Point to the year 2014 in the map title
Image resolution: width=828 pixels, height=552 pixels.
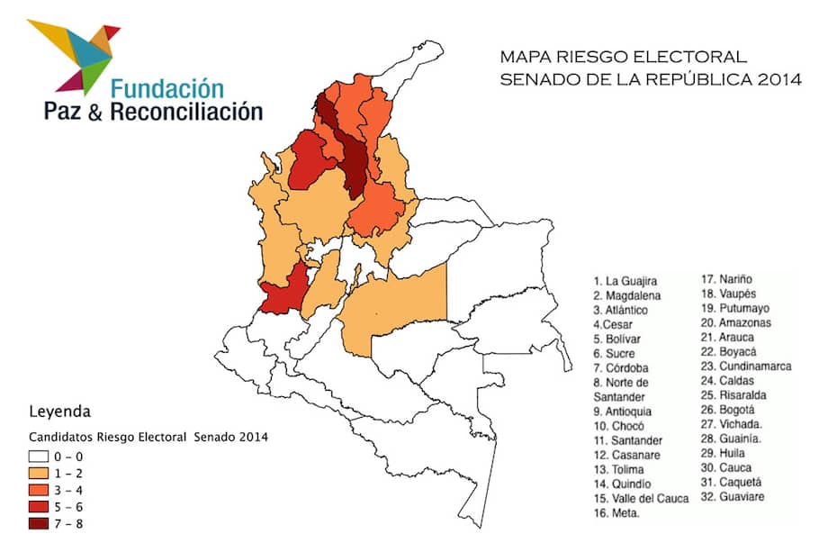(x=779, y=79)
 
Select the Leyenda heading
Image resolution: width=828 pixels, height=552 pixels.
(x=60, y=412)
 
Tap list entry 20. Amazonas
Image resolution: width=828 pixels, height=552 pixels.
(x=738, y=322)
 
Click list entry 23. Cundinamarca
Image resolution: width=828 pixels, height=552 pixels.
(x=747, y=366)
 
